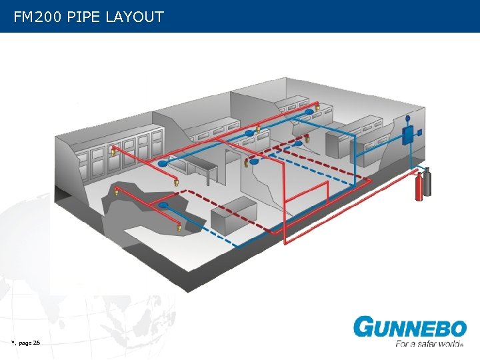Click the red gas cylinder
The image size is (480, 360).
click(419, 186)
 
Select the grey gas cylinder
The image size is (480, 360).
click(427, 181)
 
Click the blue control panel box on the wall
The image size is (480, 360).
click(408, 135)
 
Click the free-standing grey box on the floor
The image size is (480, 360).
click(233, 214)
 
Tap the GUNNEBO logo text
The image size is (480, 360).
click(410, 328)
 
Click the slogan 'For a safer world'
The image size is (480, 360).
click(428, 344)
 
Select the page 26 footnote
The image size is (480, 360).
click(27, 343)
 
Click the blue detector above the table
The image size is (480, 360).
click(163, 163)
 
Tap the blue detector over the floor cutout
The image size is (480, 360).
click(163, 205)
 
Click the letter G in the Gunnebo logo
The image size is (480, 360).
click(365, 328)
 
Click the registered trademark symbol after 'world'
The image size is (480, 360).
click(463, 346)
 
